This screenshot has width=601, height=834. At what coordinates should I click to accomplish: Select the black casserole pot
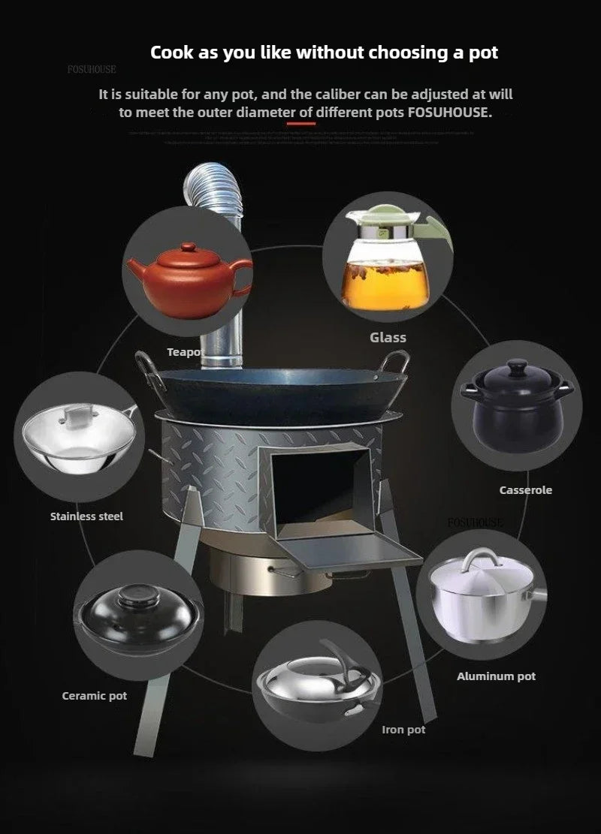517,405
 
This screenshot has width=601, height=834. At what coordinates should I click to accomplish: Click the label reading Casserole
526,490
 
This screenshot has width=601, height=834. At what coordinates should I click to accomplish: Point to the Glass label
388,338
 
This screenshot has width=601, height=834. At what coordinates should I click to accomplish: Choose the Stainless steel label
86,516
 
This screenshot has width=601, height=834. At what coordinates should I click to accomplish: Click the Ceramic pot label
95,696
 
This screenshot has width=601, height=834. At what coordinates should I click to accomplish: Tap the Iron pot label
403,729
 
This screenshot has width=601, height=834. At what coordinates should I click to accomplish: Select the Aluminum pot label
496,676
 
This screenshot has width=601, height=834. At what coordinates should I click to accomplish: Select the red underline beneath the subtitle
300,123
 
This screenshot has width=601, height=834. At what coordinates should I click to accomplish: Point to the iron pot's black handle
338,664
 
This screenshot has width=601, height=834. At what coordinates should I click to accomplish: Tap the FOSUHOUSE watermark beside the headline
92,70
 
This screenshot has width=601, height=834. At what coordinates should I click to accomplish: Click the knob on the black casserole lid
517,368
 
